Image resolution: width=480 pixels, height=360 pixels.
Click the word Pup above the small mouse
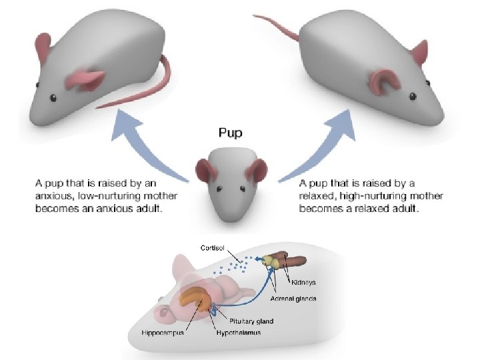[231, 133]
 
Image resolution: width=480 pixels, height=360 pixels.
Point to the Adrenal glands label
[293, 298]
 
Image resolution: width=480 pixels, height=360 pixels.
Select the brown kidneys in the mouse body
[293, 261]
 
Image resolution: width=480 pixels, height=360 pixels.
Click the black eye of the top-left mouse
[51, 97]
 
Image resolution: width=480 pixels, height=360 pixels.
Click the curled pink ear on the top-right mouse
[383, 79]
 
